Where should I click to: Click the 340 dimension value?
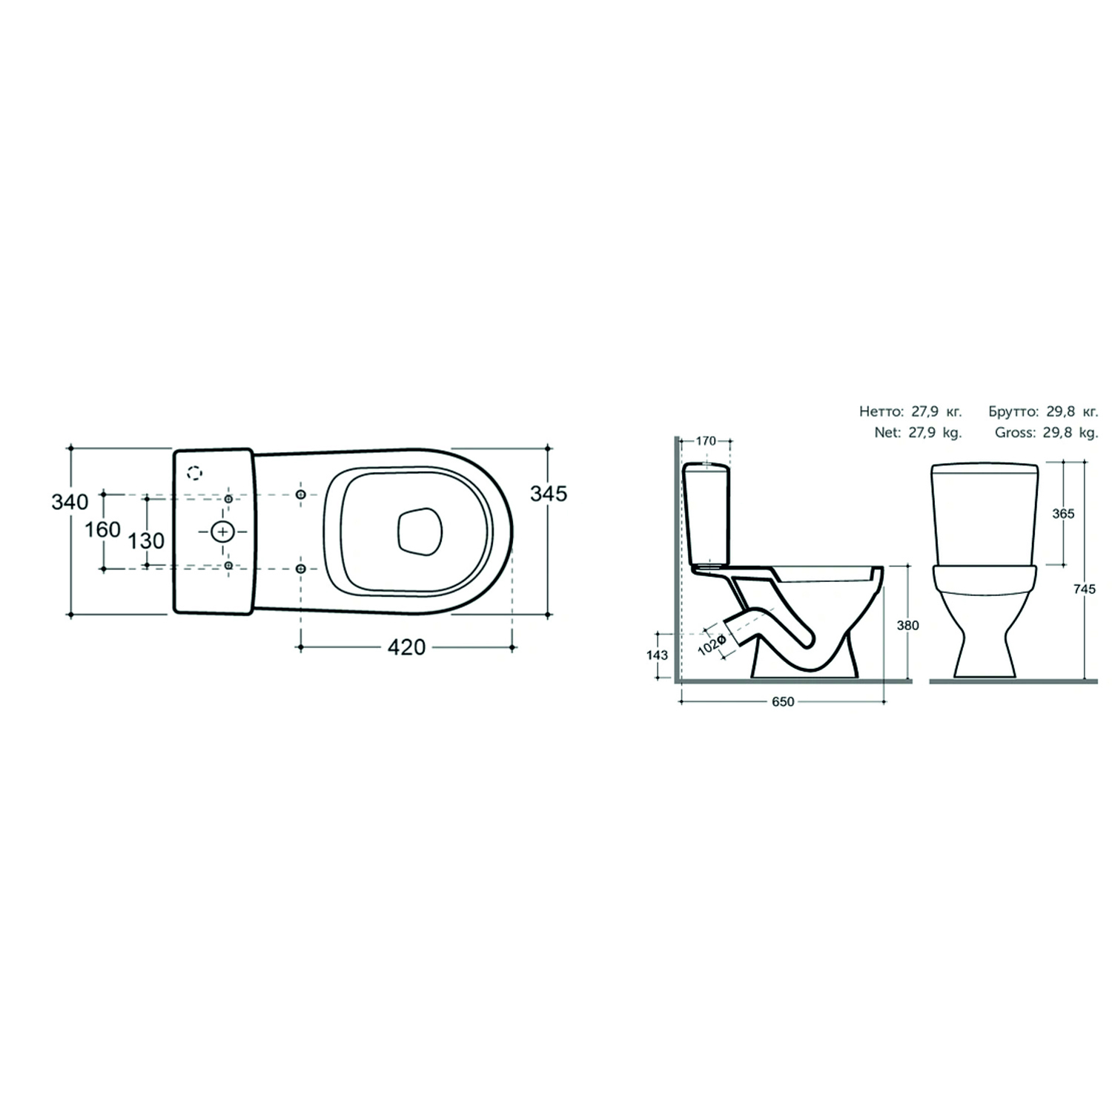tap(70, 502)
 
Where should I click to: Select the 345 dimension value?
tap(549, 493)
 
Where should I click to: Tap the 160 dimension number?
tap(102, 529)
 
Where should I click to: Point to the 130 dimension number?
tap(147, 540)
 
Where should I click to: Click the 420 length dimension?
tap(408, 647)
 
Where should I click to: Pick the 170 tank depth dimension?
tap(706, 441)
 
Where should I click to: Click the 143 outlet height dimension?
tap(658, 655)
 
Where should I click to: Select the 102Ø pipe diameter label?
tap(711, 643)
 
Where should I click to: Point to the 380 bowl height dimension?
tap(908, 626)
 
